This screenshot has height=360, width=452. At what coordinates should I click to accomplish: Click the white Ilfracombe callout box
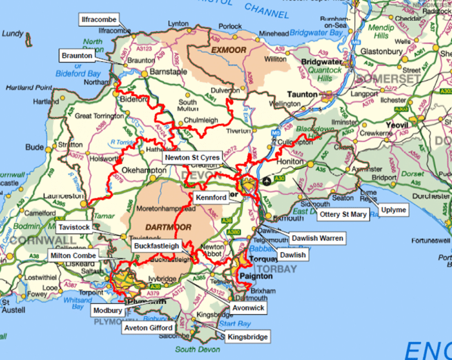[99, 19]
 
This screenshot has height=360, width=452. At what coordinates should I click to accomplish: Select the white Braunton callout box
[77, 56]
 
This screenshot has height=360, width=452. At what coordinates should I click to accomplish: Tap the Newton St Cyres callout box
[192, 157]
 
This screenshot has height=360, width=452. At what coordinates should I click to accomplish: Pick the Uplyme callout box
[394, 210]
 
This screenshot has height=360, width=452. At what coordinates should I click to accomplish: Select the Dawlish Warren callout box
[317, 238]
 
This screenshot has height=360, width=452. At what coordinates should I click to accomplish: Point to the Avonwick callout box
[248, 308]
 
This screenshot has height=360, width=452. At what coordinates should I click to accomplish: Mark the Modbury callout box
[107, 310]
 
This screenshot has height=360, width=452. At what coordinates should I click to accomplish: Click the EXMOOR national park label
[228, 48]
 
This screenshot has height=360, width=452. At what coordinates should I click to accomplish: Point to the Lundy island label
[14, 34]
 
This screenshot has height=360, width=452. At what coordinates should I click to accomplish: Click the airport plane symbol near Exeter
[268, 181]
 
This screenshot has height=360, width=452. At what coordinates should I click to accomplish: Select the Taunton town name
[302, 94]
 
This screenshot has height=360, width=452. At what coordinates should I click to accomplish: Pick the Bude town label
[34, 146]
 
